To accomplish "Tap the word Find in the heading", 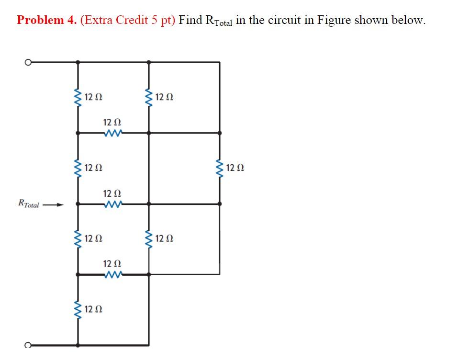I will coord(190,20).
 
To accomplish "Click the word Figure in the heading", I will coord(334,20).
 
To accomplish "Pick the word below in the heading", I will coord(408,20).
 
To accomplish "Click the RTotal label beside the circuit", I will coord(28,204).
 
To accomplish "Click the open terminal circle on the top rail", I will coord(29,62).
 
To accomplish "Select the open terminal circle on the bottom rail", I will coord(29,345).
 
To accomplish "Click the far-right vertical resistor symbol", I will coord(220,168).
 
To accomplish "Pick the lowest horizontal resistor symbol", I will coord(113,274).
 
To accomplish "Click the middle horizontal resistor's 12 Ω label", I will coord(112,193).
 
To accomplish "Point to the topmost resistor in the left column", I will coord(77,98).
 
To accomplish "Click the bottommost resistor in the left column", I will coord(77,309).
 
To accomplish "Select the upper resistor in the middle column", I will coord(148,98).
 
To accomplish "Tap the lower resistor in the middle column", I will coord(148,238).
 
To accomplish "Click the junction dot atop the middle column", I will coord(148,62).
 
